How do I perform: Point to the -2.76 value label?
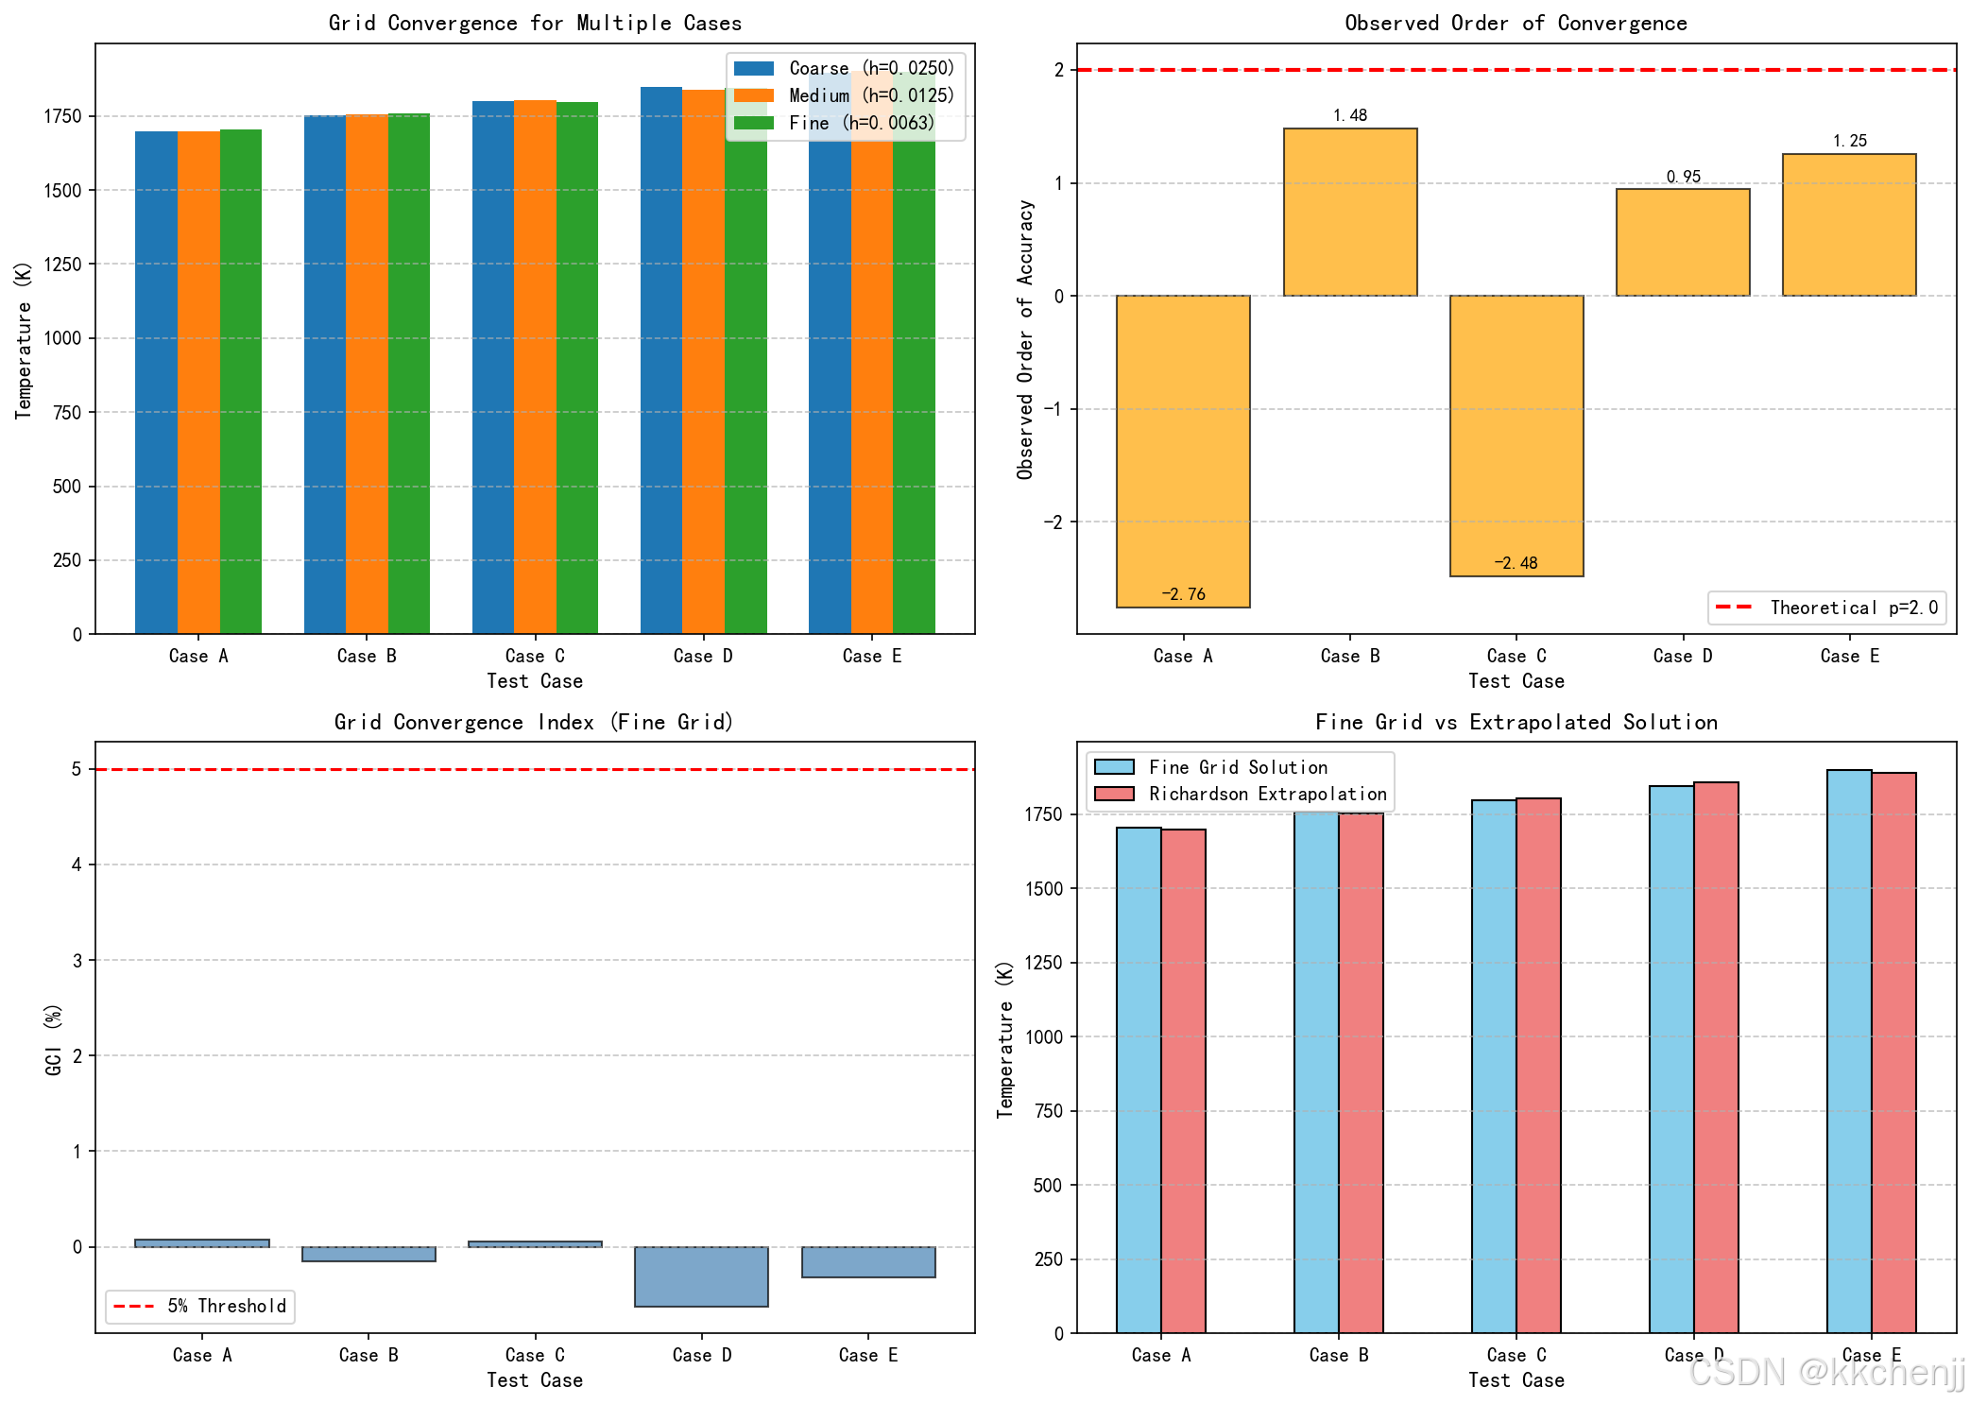(1183, 594)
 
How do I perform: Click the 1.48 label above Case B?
(1350, 115)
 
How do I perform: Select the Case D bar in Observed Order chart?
(1683, 242)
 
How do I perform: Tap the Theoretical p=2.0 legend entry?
(1826, 608)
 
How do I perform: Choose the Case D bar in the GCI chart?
(701, 1276)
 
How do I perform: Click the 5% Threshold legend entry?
(200, 1306)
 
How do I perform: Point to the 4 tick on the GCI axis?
(77, 865)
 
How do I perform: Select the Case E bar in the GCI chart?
(868, 1262)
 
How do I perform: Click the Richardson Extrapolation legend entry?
(1242, 795)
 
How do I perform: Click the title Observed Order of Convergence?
(1516, 23)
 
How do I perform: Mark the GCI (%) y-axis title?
(53, 1039)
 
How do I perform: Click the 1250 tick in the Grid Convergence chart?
(62, 265)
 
